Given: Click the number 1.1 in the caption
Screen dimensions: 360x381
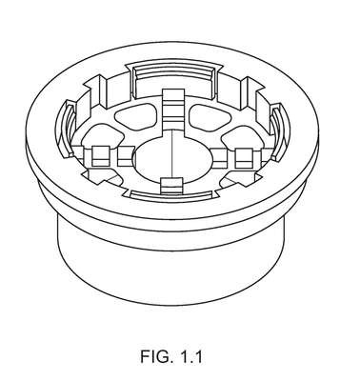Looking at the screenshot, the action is tap(190, 356).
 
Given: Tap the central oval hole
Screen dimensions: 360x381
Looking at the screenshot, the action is tap(173, 158).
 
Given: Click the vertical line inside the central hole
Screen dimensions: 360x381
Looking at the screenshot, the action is tap(171, 155).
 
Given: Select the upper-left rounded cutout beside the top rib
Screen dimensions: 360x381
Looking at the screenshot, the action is tap(137, 115).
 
